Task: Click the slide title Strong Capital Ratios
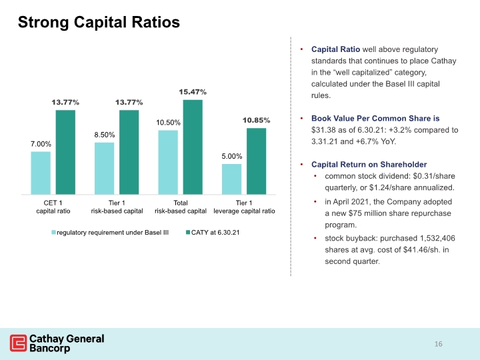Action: tap(99, 23)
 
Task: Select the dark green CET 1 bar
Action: tap(65, 152)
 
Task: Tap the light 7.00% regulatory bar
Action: tap(41, 173)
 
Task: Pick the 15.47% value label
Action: tap(193, 92)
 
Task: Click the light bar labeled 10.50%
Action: tap(168, 162)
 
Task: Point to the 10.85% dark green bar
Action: tap(257, 161)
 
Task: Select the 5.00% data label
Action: tap(232, 157)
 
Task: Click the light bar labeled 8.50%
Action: tap(105, 169)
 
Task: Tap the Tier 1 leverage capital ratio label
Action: tap(244, 207)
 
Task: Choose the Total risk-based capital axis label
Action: tap(181, 207)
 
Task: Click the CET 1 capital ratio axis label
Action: tap(53, 207)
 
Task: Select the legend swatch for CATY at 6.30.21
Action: tap(188, 233)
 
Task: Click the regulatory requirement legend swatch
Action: tap(53, 233)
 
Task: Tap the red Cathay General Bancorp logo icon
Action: tap(19, 343)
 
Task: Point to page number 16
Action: tap(439, 344)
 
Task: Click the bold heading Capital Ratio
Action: tap(335, 49)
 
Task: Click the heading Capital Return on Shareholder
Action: tap(369, 165)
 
